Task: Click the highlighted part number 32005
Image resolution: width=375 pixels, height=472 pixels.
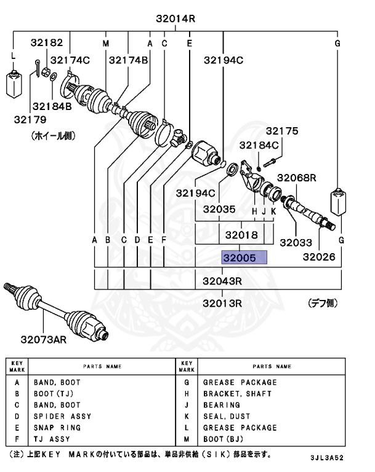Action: tap(244, 257)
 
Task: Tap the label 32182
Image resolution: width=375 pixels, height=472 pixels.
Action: tap(47, 42)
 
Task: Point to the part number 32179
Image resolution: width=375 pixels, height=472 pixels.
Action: tap(30, 118)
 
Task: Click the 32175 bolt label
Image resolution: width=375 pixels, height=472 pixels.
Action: tap(281, 130)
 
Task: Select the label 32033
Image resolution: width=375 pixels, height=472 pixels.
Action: tap(296, 243)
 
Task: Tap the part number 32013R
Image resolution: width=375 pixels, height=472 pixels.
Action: tap(222, 302)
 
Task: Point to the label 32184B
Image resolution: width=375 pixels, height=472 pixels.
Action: tap(52, 106)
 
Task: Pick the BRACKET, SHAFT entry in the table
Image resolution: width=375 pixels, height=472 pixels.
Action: tap(237, 394)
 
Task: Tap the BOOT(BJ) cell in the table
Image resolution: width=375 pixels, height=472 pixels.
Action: tap(224, 439)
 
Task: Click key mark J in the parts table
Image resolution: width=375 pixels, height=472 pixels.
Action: tap(185, 405)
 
